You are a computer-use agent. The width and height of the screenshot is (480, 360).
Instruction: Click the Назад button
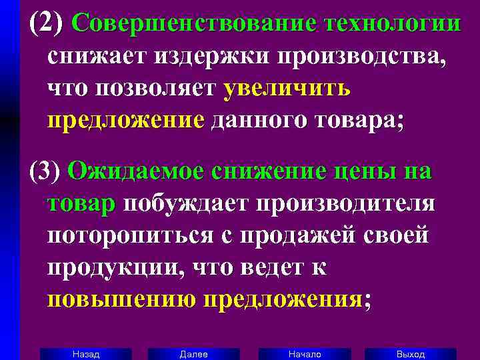(85, 354)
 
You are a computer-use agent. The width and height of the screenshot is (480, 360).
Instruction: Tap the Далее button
(193, 354)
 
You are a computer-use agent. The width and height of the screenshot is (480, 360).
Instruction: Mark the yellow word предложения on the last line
(283, 299)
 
